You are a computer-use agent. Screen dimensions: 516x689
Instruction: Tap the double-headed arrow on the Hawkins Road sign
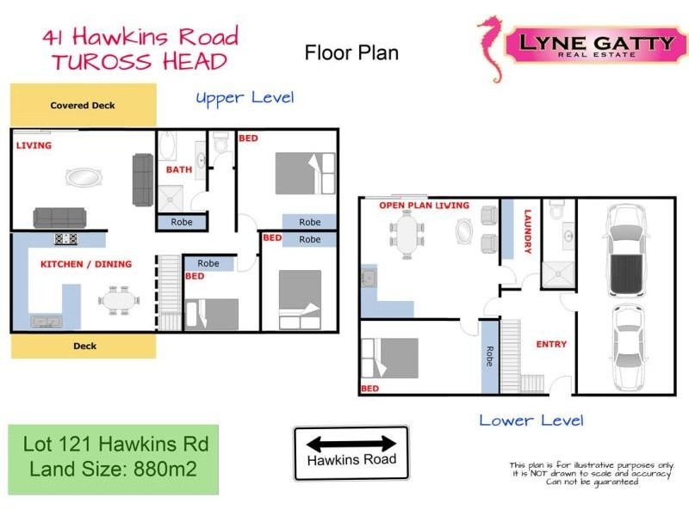coord(351,444)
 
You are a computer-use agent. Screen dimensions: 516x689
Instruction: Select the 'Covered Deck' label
coord(83,106)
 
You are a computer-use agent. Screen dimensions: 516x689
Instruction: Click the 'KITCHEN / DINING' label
coord(86,264)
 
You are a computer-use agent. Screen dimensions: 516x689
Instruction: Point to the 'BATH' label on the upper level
coord(179,169)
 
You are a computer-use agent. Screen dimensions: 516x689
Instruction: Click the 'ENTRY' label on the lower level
coord(551,344)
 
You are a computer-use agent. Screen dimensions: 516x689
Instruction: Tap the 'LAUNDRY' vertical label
coord(528,232)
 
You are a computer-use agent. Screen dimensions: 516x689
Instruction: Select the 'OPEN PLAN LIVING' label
coord(424,206)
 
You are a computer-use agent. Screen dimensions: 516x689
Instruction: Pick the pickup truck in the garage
coord(624,249)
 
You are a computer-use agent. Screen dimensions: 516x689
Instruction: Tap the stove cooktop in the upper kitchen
coord(67,239)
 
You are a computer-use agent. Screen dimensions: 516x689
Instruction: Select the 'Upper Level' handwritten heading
coord(245,97)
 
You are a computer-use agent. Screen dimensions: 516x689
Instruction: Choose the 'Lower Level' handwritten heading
coord(531,421)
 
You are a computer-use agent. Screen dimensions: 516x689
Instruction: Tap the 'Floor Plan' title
coord(351,52)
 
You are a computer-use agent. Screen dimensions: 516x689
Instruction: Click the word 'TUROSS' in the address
coord(98,61)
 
